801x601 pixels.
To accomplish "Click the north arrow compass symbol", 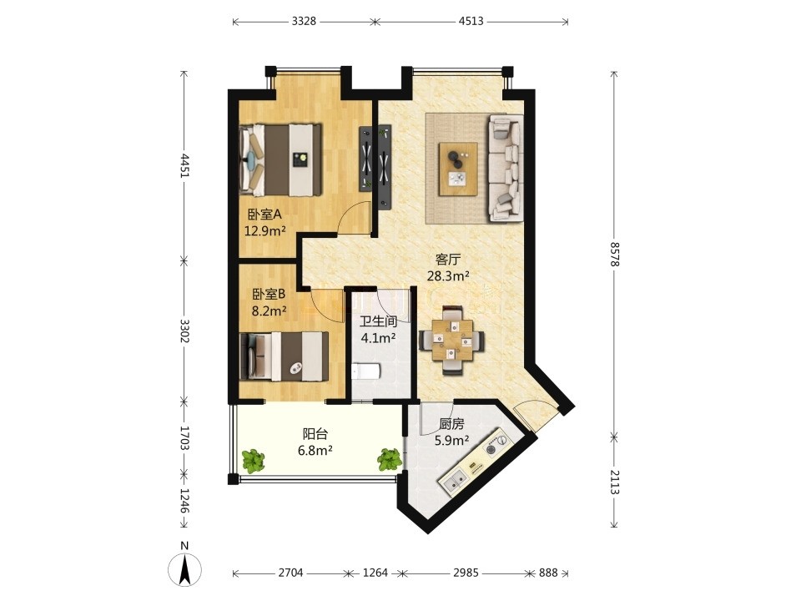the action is [x=184, y=565].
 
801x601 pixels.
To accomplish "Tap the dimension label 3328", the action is [x=304, y=22].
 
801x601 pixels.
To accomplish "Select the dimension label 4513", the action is [x=471, y=22].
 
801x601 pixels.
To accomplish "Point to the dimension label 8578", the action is [x=614, y=254].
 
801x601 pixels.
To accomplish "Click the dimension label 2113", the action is [x=614, y=482].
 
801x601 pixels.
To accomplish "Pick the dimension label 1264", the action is [x=375, y=573].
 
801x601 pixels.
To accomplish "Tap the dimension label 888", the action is [x=548, y=573].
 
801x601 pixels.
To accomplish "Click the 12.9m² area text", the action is [x=264, y=231].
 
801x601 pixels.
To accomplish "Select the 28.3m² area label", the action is [x=449, y=276].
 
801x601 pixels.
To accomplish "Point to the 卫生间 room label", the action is [x=379, y=321].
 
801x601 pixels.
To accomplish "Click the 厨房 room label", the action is [x=451, y=424].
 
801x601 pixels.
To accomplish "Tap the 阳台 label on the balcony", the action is [x=315, y=434].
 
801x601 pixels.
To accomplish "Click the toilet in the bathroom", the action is [x=365, y=371].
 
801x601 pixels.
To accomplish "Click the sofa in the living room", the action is [x=506, y=168].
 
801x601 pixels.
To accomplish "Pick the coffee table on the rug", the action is [x=458, y=169].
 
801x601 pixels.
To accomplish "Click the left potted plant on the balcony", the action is [x=254, y=461].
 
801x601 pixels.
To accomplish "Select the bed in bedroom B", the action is [x=284, y=356].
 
